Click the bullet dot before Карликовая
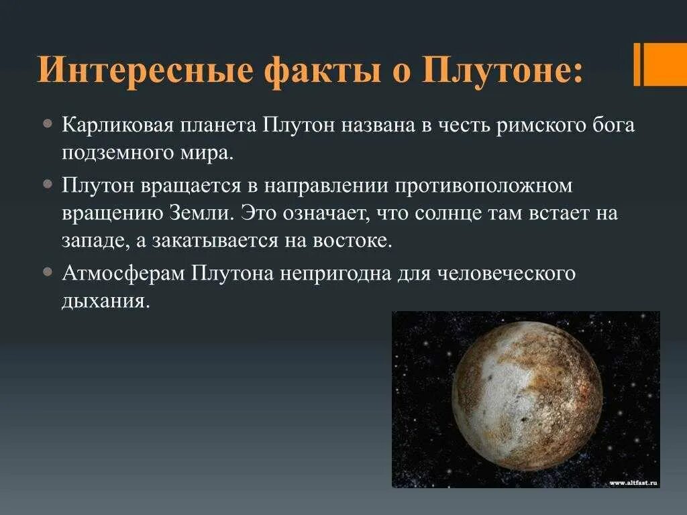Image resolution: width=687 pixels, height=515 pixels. (47, 125)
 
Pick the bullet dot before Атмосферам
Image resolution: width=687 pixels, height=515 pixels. (47, 273)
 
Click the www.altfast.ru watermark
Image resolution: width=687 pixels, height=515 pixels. (633, 482)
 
